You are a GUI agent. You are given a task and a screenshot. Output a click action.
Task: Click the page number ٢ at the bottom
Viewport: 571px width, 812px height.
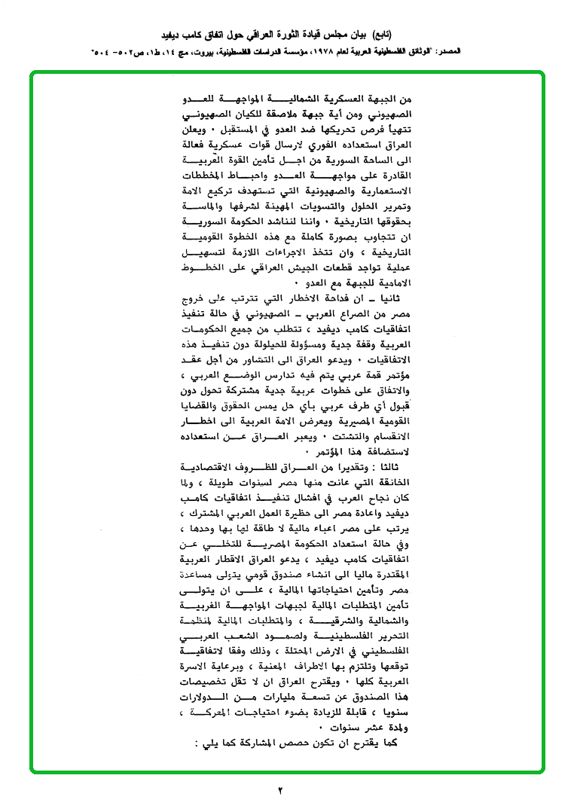280,791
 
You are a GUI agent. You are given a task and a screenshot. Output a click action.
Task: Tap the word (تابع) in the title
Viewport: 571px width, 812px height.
397,35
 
